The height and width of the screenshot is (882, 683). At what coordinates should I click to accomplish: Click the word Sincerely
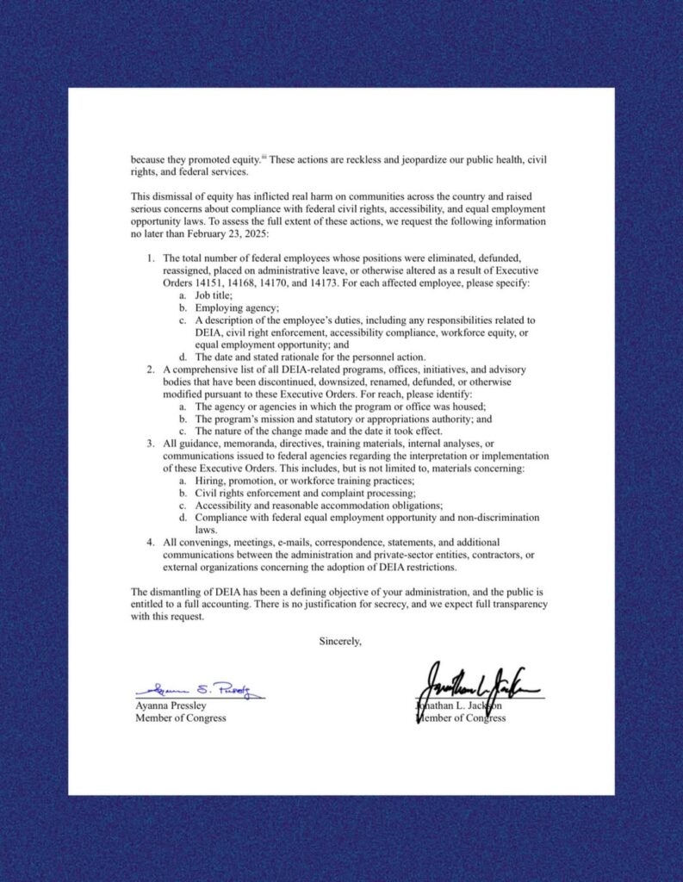[340, 641]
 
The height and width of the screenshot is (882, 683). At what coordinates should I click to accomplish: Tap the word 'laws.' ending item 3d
[206, 530]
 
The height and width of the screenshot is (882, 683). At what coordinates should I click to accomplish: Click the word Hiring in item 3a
[210, 481]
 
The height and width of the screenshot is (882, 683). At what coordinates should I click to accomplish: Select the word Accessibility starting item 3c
[224, 506]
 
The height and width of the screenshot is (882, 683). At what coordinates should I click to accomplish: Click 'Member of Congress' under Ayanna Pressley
[181, 717]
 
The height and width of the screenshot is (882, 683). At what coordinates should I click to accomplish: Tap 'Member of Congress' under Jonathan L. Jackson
[461, 717]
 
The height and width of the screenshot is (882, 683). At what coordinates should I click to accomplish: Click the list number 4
[150, 543]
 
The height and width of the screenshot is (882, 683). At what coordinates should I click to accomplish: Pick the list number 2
[150, 370]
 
